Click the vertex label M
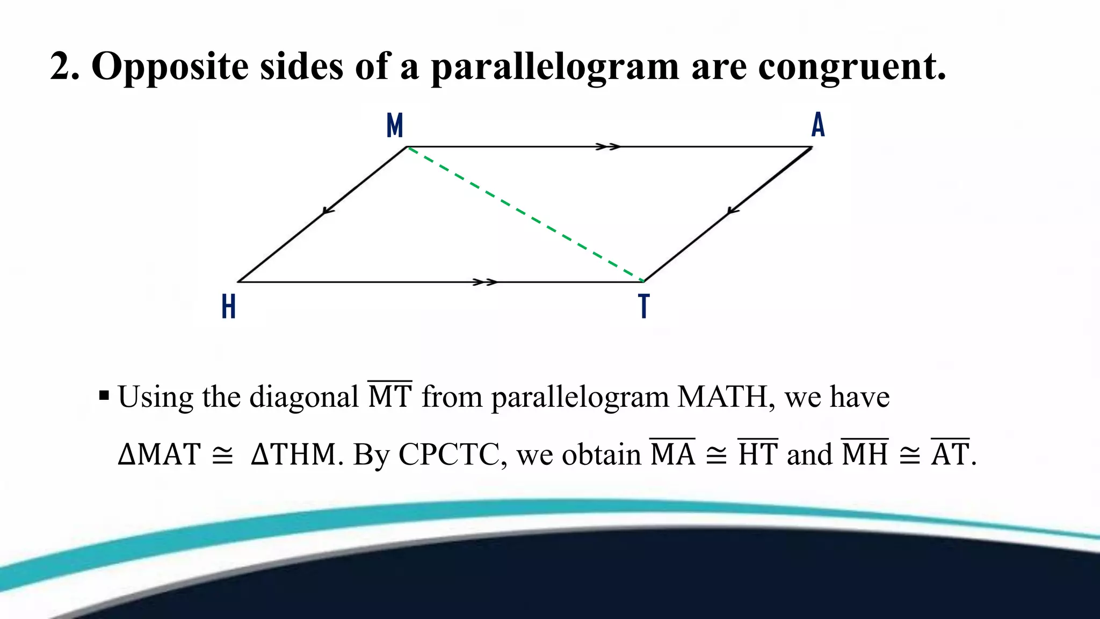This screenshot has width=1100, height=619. click(395, 126)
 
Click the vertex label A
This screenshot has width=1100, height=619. click(817, 125)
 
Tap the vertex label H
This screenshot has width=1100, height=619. click(229, 307)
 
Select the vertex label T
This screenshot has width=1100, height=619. click(643, 306)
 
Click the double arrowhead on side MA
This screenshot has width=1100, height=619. click(609, 147)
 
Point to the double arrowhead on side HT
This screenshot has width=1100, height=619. click(485, 282)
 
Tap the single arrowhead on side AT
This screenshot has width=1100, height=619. click(733, 211)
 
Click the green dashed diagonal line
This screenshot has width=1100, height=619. click(525, 214)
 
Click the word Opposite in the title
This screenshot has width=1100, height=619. click(170, 67)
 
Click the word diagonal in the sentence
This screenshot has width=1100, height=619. click(304, 398)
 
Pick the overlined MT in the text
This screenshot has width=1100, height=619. click(390, 397)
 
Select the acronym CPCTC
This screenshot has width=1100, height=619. click(449, 455)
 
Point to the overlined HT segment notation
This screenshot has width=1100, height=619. click(757, 454)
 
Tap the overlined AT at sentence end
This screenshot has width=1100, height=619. click(950, 454)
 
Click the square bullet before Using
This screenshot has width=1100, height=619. click(104, 397)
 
